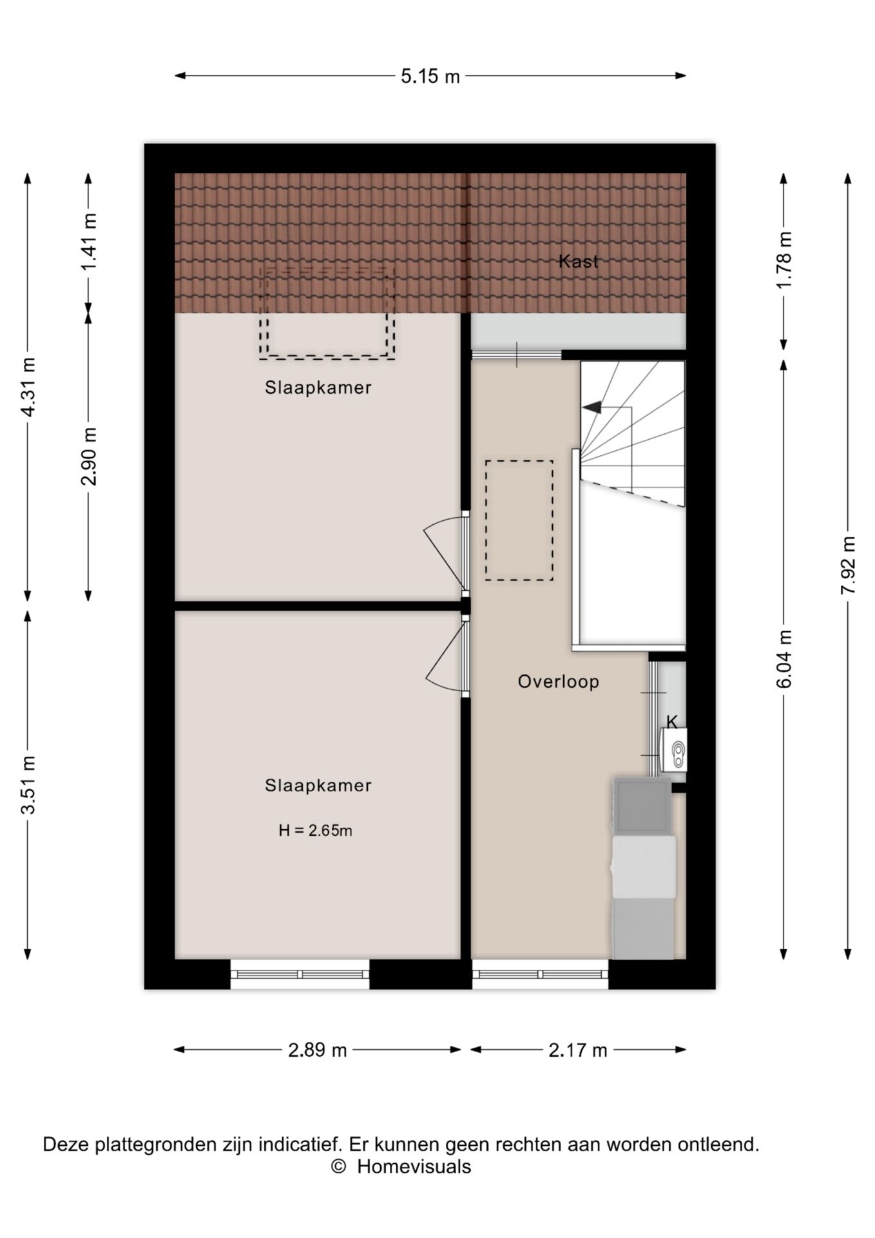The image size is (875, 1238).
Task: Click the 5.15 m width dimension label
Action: [430, 77]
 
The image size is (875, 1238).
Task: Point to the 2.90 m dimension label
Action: [89, 456]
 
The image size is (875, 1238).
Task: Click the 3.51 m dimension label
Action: [28, 785]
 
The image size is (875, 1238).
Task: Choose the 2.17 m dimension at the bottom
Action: [578, 1050]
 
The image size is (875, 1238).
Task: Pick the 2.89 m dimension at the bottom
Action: [318, 1050]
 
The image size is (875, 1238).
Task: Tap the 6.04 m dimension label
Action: [784, 659]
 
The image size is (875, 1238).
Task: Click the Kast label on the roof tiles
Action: [578, 261]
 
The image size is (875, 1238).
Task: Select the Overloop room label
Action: [559, 682]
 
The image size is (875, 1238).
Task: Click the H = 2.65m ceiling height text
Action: [316, 830]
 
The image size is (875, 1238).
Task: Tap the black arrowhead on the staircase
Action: [591, 408]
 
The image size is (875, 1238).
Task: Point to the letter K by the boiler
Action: [672, 722]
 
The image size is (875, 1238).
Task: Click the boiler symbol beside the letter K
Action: [674, 750]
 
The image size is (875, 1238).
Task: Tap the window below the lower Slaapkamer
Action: [300, 974]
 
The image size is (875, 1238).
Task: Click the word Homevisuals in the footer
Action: [414, 1166]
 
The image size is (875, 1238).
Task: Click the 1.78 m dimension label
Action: [784, 261]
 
